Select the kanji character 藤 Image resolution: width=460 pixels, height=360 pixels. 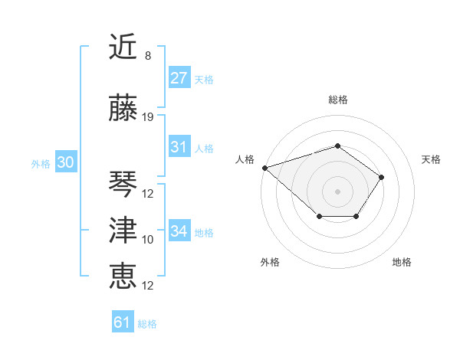[123, 108]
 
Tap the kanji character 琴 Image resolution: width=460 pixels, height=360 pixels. [123, 184]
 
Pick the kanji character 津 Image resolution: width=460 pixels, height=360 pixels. [123, 231]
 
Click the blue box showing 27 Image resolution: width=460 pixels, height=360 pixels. [179, 78]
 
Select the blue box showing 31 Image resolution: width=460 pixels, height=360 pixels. [179, 147]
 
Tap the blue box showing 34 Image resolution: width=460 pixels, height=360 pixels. [179, 231]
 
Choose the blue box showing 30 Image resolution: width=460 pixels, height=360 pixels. [64, 162]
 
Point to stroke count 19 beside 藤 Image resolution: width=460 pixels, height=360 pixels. [148, 117]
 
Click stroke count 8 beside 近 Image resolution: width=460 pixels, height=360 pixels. [148, 56]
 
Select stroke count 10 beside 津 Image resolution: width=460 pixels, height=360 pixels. [148, 240]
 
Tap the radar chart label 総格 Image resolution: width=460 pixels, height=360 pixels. [337, 100]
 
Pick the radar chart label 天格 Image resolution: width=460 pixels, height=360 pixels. [431, 159]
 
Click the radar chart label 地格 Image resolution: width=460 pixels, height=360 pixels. [402, 262]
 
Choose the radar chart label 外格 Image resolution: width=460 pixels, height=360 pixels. [270, 262]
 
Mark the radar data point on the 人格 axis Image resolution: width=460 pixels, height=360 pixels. [264, 167]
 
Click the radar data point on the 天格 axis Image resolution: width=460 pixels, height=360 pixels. [382, 177]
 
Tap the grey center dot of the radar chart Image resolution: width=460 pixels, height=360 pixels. [337, 191]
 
